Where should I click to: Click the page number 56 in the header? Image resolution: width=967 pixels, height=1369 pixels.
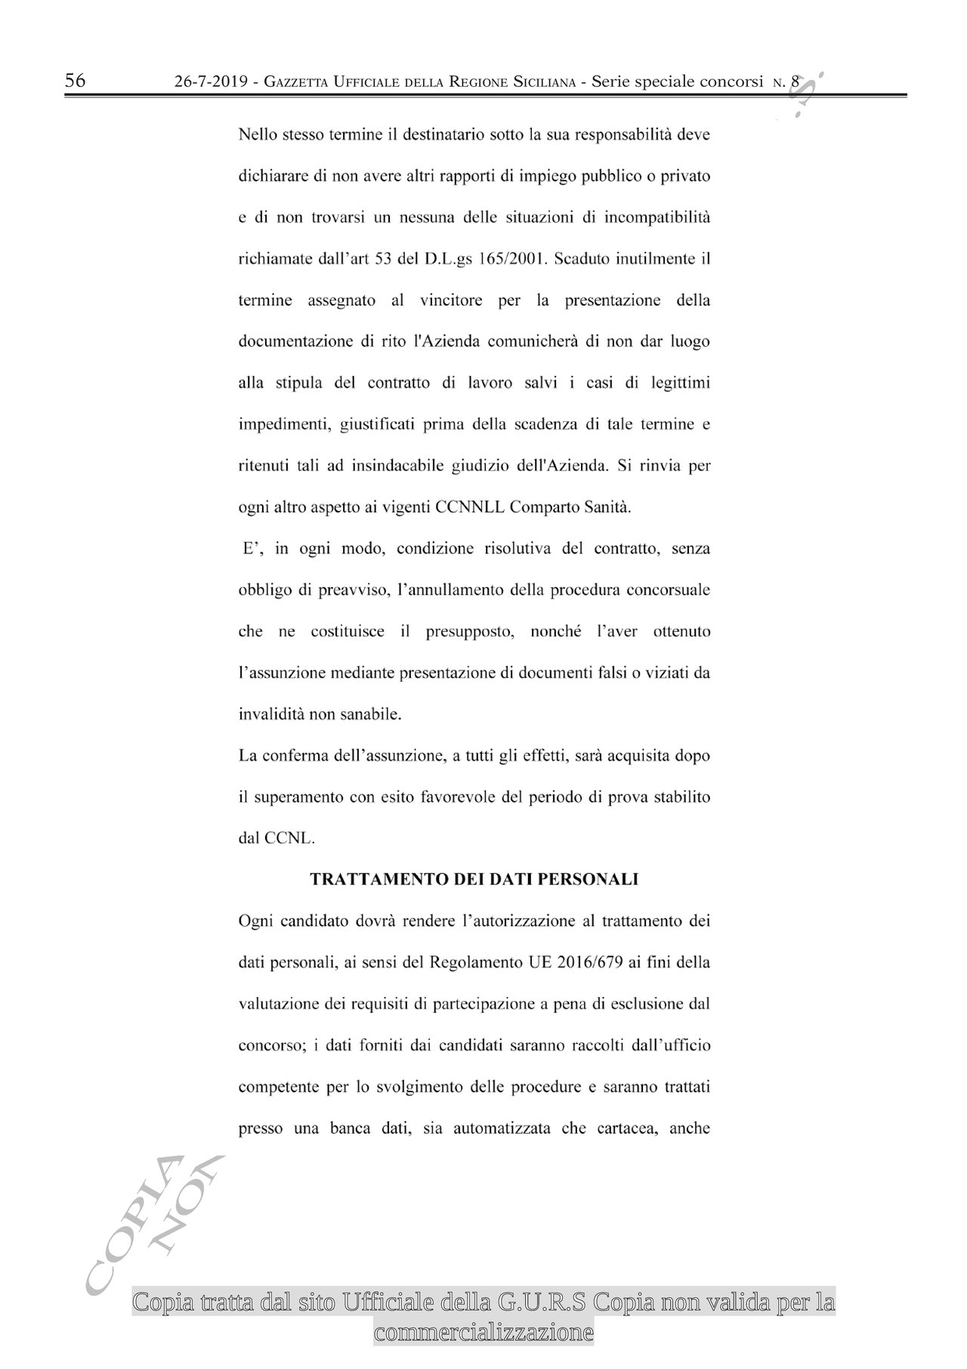coord(76,81)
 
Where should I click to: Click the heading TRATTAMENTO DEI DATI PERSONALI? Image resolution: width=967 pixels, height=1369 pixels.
coord(474,879)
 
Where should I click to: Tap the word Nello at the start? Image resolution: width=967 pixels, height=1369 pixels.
coord(257,135)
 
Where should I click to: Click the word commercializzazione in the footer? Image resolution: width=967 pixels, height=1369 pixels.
coord(483,1332)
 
